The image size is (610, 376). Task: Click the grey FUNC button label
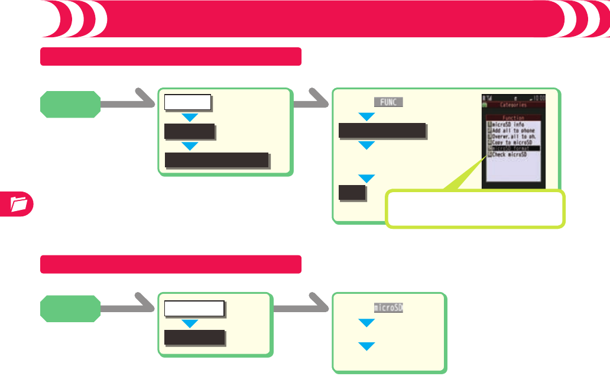388,102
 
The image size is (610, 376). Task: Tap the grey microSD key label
388,308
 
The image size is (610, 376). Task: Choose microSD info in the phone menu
507,125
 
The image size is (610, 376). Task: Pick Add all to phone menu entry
512,131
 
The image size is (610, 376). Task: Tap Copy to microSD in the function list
512,142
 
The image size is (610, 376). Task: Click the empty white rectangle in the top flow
188,102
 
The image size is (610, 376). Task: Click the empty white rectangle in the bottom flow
194,309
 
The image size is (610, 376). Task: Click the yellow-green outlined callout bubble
475,209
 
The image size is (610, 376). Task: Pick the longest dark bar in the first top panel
217,160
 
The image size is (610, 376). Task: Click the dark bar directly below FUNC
382,131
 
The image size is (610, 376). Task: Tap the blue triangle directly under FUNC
367,117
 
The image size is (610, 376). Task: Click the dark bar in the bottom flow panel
194,338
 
